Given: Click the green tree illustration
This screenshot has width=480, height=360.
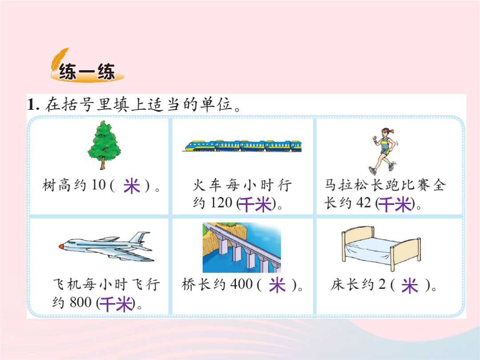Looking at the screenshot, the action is click(104, 145).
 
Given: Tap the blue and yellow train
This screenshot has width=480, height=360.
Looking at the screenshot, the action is click(243, 146).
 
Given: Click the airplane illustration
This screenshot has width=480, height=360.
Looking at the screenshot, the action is click(106, 246).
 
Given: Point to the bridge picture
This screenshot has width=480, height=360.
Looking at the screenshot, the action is click(242, 248).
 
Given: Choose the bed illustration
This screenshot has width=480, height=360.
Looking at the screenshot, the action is click(381, 248).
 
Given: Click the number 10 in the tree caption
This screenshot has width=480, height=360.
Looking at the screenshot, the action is click(98, 185).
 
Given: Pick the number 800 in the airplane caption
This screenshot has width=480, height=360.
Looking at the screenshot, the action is click(80, 303).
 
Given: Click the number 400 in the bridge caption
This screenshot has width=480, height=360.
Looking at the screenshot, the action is click(241, 284).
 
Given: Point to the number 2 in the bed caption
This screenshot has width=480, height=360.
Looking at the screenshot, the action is click(382, 284).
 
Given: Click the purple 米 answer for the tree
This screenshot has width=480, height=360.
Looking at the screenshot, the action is click(132, 186).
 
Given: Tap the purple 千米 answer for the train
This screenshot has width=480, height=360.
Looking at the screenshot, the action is click(255, 204).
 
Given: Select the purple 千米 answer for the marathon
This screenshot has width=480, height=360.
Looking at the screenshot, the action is click(395, 204).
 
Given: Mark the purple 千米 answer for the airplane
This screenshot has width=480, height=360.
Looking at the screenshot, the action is click(116, 304).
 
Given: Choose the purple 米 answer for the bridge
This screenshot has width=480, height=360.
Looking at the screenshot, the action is click(277, 285).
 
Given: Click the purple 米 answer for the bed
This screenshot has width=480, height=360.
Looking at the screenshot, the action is click(410, 285).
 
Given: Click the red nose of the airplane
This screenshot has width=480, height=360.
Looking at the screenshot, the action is click(61, 246).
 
